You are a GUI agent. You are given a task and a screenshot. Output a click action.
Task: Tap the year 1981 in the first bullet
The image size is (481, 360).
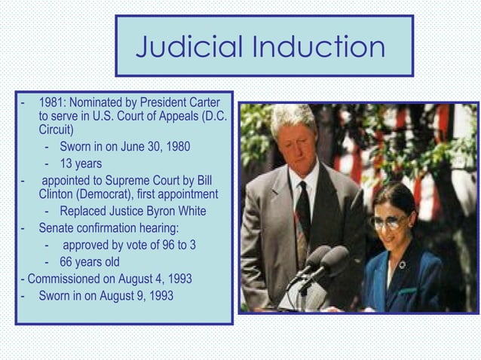51,102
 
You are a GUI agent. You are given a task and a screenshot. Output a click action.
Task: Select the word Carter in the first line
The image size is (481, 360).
202,102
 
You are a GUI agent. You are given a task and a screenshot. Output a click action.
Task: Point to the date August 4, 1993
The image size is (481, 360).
154,279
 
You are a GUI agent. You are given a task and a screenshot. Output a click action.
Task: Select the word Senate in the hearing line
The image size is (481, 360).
57,227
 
